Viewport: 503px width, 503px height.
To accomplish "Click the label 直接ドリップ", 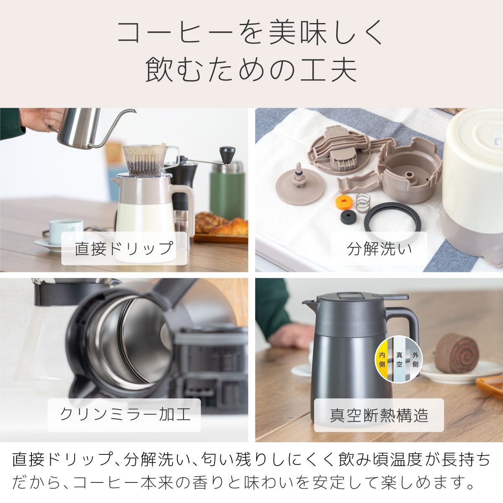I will [124, 248].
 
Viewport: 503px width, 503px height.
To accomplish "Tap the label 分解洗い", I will [379, 249].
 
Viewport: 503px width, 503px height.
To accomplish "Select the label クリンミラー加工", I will [124, 415].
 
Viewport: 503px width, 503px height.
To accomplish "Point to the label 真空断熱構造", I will [379, 415].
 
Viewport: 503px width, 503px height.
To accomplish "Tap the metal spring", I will [363, 203].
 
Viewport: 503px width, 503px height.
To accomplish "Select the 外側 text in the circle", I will [415, 360].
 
